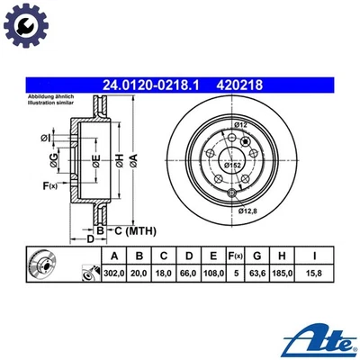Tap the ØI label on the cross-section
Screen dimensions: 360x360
tap(45, 138)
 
